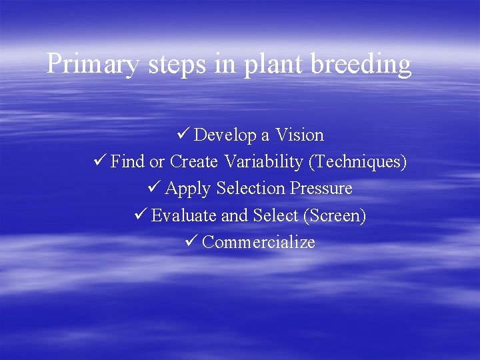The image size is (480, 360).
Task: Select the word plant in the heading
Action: tap(267, 65)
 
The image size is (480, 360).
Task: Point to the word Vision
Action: tap(299, 135)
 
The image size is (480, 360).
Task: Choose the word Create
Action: tap(193, 162)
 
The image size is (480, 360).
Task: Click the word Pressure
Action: tap(321, 189)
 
